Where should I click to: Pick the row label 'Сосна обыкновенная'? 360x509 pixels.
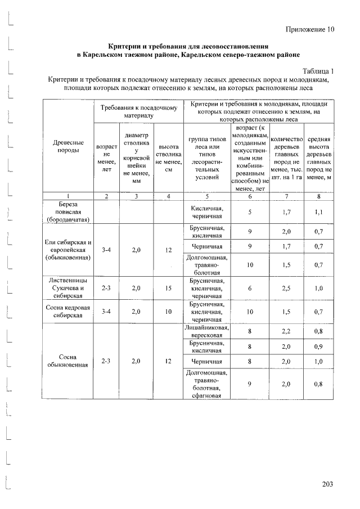pyautogui.click(x=68, y=361)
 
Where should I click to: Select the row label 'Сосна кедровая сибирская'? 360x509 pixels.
pyautogui.click(x=68, y=312)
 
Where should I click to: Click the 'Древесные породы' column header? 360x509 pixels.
pyautogui.click(x=68, y=150)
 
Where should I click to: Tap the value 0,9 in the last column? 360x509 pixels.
pyautogui.click(x=318, y=347)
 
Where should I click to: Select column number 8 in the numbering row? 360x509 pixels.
pyautogui.click(x=318, y=196)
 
